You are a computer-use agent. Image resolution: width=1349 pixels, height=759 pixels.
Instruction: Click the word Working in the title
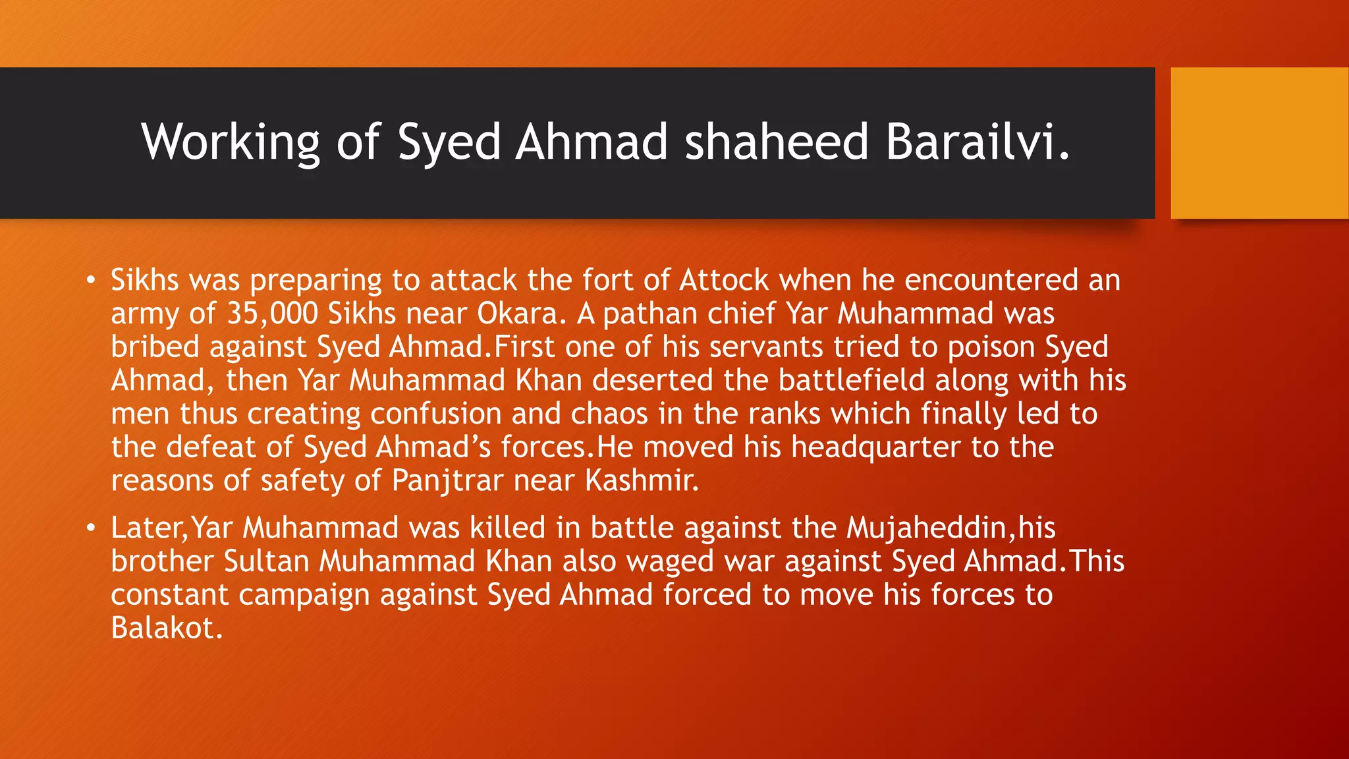pos(231,142)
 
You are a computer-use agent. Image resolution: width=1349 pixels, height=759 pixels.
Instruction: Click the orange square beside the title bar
pos(1259,143)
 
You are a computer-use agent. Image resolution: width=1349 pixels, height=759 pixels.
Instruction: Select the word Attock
pos(724,280)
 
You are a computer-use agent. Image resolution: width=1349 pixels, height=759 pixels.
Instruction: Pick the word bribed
pos(155,347)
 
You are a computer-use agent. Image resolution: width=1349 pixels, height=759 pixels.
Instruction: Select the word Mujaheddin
pos(926,528)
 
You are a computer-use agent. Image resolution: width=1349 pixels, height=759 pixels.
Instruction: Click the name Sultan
pos(266,561)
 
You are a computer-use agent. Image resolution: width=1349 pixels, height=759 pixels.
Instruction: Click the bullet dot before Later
pos(91,528)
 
